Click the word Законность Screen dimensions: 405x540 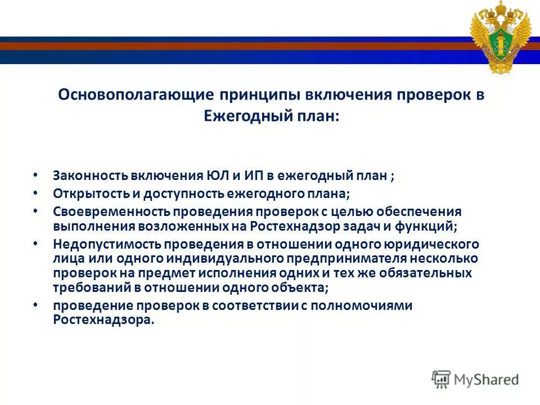tap(90, 175)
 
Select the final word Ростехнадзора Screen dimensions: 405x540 tap(103, 319)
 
